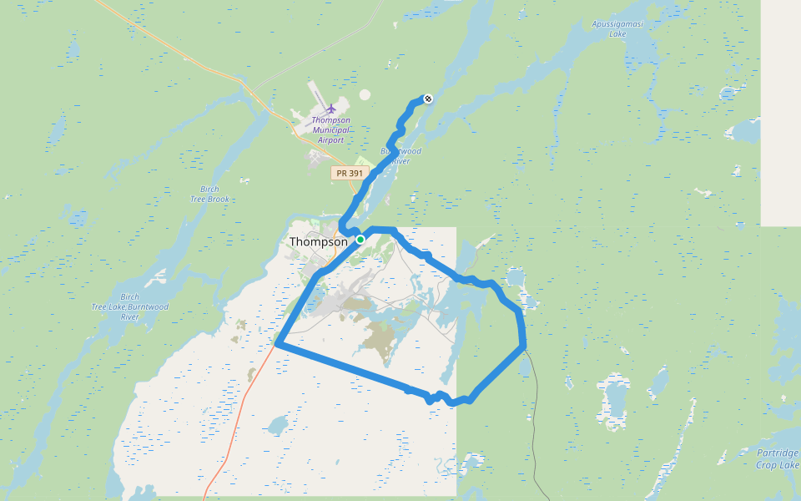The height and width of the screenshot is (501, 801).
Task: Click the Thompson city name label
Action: click(x=318, y=242)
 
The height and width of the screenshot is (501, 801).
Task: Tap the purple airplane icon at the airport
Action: click(x=331, y=109)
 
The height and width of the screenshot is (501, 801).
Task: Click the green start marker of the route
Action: click(x=360, y=240)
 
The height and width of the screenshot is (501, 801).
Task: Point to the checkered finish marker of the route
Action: click(x=428, y=99)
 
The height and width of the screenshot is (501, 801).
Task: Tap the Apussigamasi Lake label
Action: click(x=617, y=28)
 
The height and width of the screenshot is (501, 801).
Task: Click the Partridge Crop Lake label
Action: click(x=778, y=458)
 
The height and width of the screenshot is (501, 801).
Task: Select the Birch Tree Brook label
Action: click(x=209, y=194)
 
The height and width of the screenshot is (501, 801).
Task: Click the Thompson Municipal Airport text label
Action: click(x=331, y=129)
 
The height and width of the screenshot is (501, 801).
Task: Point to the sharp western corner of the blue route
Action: click(x=277, y=342)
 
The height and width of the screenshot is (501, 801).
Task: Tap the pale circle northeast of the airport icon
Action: click(x=365, y=95)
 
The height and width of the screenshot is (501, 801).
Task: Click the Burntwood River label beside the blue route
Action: click(x=401, y=155)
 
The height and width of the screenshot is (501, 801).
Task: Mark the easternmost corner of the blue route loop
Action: click(x=523, y=343)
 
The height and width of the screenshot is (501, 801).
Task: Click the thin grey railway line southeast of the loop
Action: click(x=535, y=401)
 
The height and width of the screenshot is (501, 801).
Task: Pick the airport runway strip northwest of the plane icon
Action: click(x=316, y=93)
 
